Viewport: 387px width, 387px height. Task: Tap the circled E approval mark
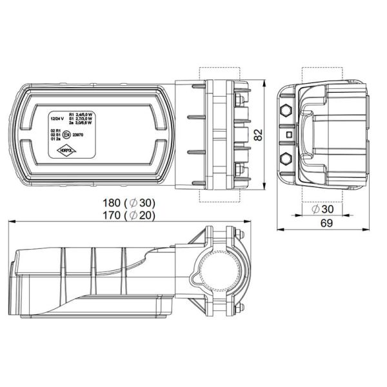click(67, 135)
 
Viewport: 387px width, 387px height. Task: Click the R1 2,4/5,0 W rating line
click(86, 114)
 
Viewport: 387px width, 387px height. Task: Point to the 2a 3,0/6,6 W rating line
click(86, 124)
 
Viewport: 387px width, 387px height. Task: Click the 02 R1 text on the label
click(55, 130)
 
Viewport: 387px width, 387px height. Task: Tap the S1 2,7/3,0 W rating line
click(86, 119)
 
